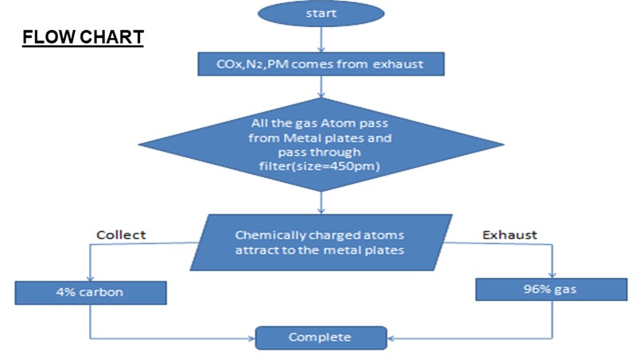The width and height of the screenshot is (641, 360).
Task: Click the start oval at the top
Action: coord(320,14)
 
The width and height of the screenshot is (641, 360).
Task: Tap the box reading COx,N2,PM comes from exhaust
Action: coord(320,64)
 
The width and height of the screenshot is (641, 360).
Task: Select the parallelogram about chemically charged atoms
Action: coord(320,243)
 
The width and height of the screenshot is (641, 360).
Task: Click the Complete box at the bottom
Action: coord(320,337)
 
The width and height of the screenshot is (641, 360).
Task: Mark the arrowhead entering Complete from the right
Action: coord(388,337)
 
